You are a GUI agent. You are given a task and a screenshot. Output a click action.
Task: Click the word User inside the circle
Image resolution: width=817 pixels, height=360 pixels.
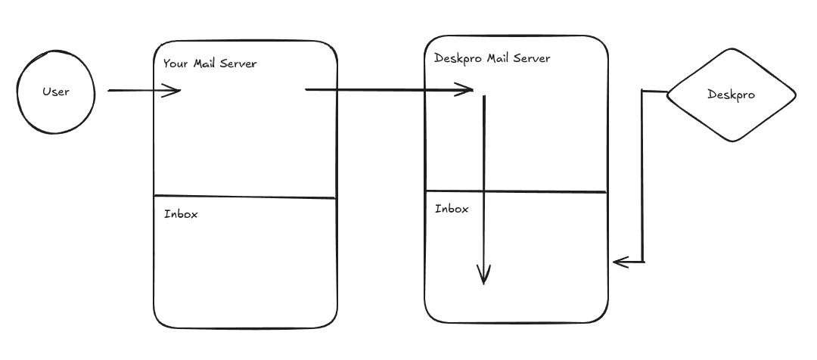(x=56, y=92)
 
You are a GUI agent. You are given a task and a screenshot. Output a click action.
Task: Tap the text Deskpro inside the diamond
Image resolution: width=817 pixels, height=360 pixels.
(x=731, y=95)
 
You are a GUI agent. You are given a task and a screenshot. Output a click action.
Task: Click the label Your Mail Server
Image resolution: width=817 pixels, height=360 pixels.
(x=210, y=64)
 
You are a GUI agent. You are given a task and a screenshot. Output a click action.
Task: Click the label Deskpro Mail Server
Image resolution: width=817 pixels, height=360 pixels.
(x=492, y=58)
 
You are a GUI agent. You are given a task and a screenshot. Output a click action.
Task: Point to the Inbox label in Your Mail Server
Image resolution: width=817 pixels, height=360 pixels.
(x=181, y=214)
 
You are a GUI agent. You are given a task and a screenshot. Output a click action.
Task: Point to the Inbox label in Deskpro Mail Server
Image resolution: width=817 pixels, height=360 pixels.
(x=452, y=209)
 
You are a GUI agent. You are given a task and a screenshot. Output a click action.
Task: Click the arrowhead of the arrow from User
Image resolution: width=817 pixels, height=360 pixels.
(x=176, y=91)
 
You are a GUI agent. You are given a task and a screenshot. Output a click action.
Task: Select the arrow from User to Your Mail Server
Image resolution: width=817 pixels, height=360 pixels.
(x=136, y=91)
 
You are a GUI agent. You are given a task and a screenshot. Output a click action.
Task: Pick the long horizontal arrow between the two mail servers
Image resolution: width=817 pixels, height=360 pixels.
(x=378, y=90)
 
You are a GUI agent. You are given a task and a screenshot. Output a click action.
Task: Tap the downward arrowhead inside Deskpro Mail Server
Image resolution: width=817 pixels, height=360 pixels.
(x=484, y=277)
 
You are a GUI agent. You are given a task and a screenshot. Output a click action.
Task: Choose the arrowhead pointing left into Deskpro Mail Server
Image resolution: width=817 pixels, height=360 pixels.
(x=619, y=262)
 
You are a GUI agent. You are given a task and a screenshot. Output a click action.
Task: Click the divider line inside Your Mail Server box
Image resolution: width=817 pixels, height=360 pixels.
(x=244, y=197)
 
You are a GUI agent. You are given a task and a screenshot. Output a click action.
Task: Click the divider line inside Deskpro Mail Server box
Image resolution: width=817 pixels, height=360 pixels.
(x=516, y=191)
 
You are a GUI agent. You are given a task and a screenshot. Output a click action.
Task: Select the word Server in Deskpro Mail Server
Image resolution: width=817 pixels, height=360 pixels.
(x=532, y=58)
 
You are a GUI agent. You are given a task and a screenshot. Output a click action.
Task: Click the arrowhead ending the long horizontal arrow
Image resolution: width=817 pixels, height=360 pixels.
(x=468, y=91)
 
